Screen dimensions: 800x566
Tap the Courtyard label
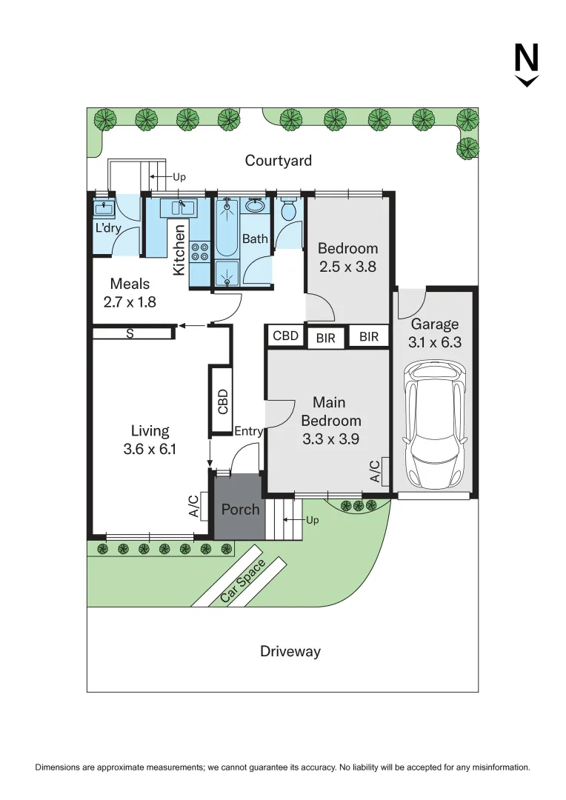point(279,160)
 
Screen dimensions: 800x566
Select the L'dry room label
point(108,228)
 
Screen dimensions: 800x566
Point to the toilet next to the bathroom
point(289,211)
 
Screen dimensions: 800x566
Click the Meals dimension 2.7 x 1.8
point(130,301)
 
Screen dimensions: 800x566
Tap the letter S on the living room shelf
point(130,334)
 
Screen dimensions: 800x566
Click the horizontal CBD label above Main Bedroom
point(286,336)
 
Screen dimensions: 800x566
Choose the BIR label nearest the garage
point(369,337)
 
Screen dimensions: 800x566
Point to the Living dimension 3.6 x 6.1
point(150,449)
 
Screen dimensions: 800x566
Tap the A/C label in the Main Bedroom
point(375,471)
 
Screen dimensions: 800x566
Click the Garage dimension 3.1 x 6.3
point(435,342)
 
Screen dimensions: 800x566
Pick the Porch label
point(240,510)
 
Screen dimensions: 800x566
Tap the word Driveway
point(290,651)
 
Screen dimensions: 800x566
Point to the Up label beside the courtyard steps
point(179,177)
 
